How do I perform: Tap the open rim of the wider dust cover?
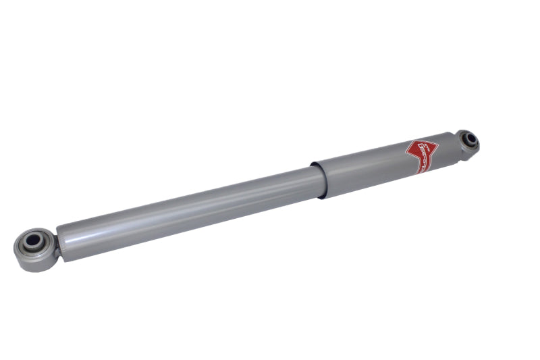[315, 179]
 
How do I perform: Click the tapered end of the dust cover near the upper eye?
[449, 149]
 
